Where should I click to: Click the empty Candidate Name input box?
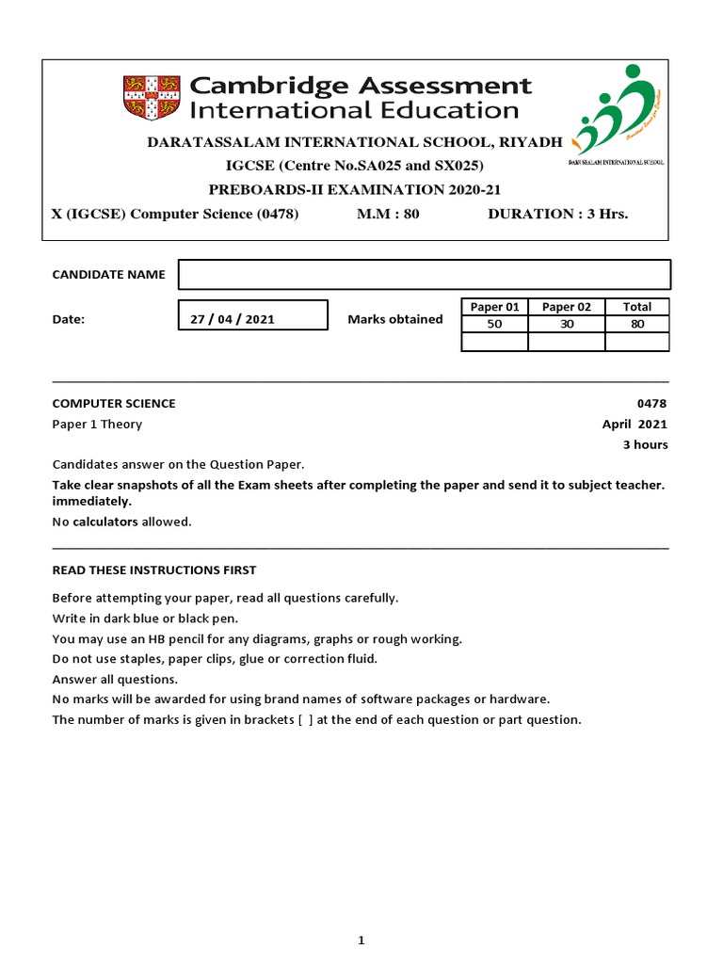[x=424, y=275]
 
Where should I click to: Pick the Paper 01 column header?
[x=494, y=307]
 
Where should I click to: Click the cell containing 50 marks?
[x=494, y=324]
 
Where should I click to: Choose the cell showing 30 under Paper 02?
[x=566, y=324]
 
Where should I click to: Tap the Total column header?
[x=636, y=307]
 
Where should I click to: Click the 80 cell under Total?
[x=636, y=324]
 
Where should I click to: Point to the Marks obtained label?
[x=394, y=319]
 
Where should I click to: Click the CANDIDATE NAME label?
[x=108, y=275]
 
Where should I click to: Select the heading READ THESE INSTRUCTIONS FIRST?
[x=153, y=570]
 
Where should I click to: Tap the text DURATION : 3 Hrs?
[x=557, y=214]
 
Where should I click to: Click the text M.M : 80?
[x=388, y=214]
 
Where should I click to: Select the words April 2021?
[x=635, y=425]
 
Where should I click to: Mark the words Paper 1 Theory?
[x=97, y=425]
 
